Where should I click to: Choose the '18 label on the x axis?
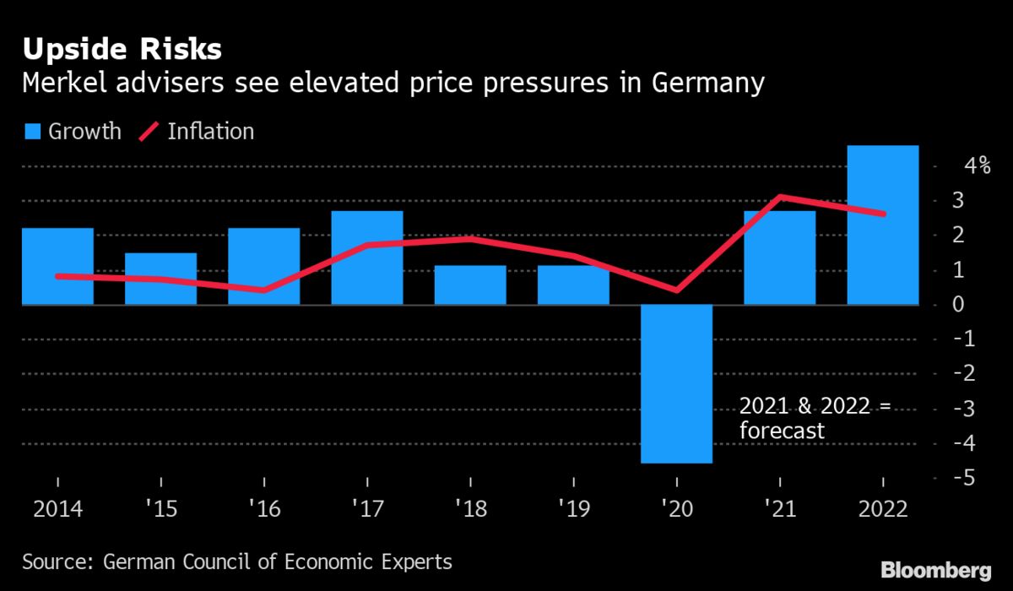(470, 510)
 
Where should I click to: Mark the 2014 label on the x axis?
(57, 510)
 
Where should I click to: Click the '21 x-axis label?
(780, 510)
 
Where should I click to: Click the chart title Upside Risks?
(122, 50)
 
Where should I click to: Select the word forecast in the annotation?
(781, 431)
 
